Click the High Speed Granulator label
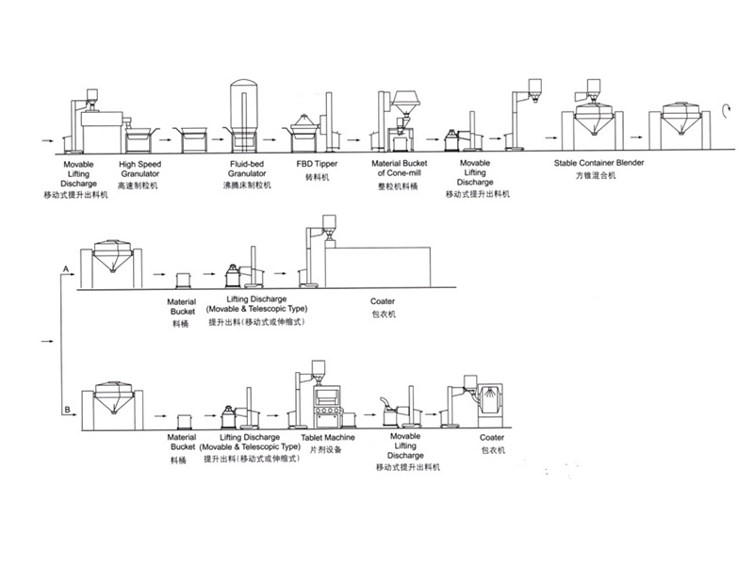click(139, 169)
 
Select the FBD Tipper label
click(317, 164)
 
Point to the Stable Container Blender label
click(598, 164)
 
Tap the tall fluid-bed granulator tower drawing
click(242, 108)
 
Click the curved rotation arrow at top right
click(728, 109)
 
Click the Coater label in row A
click(383, 301)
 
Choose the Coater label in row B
click(492, 438)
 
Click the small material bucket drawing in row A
click(184, 280)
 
